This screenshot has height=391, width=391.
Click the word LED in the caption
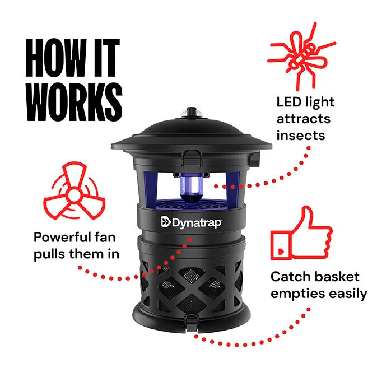pos(289,103)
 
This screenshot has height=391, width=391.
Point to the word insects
pos(301,135)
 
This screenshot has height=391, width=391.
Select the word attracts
pos(303,119)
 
